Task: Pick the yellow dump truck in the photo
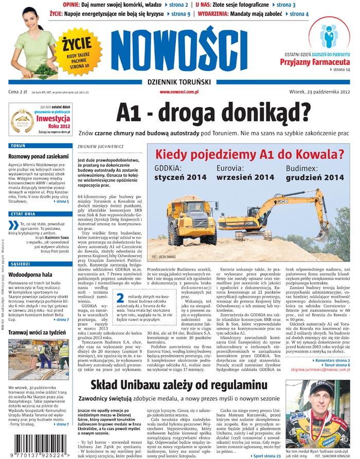192,221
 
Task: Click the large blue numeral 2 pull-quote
120,299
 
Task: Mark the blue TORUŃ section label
19,146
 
